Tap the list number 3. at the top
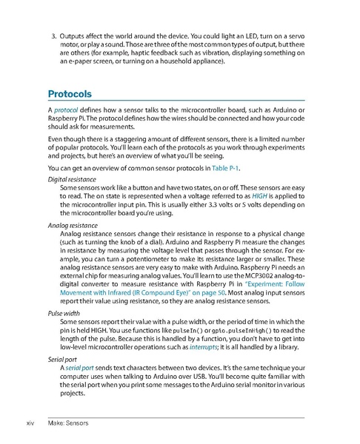click(x=54, y=36)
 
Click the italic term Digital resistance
click(x=73, y=180)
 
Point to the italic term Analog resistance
click(x=73, y=223)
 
